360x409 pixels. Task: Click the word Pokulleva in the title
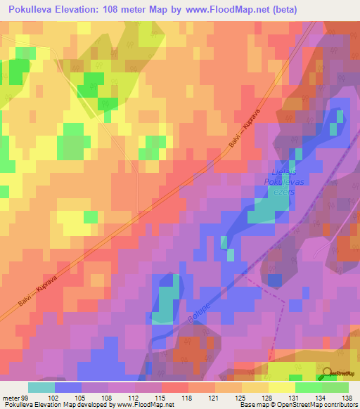pos(33,10)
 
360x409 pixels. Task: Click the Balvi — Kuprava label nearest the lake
pos(245,131)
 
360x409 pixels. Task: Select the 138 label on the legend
pos(347,397)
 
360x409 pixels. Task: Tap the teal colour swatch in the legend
pos(41,387)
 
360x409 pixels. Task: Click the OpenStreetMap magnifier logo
pos(328,373)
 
